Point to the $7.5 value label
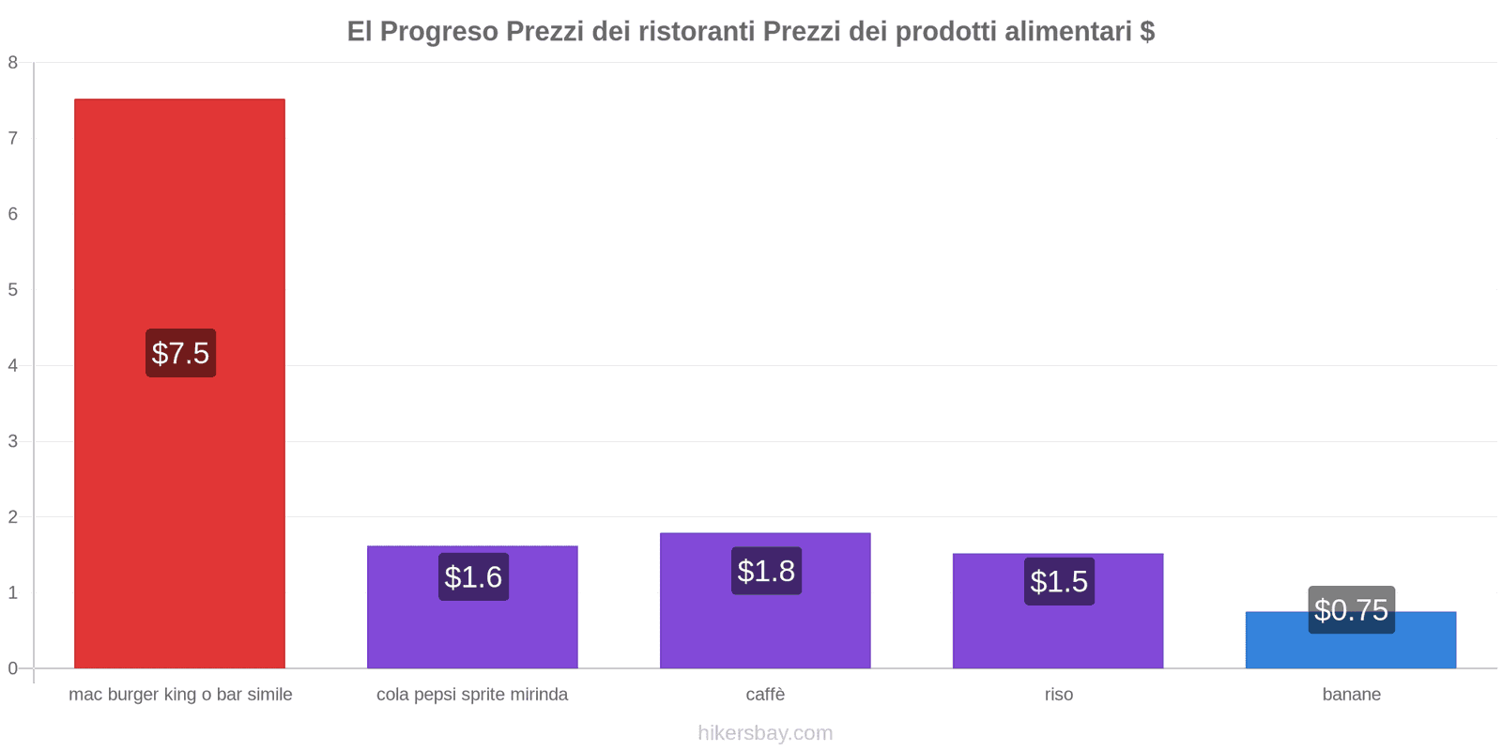click(x=180, y=353)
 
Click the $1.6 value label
click(x=473, y=576)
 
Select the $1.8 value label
click(x=766, y=571)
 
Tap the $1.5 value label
click(x=1059, y=581)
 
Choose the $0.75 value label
click(x=1351, y=610)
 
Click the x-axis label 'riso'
click(x=1058, y=695)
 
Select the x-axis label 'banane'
click(x=1351, y=695)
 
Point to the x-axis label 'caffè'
click(x=765, y=695)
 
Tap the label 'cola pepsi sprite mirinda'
click(x=472, y=695)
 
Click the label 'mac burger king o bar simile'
click(x=180, y=695)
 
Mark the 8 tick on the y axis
click(x=13, y=63)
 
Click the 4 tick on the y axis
click(x=13, y=365)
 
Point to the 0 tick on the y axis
click(x=13, y=668)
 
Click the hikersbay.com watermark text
click(x=765, y=733)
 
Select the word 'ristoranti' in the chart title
click(x=697, y=31)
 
